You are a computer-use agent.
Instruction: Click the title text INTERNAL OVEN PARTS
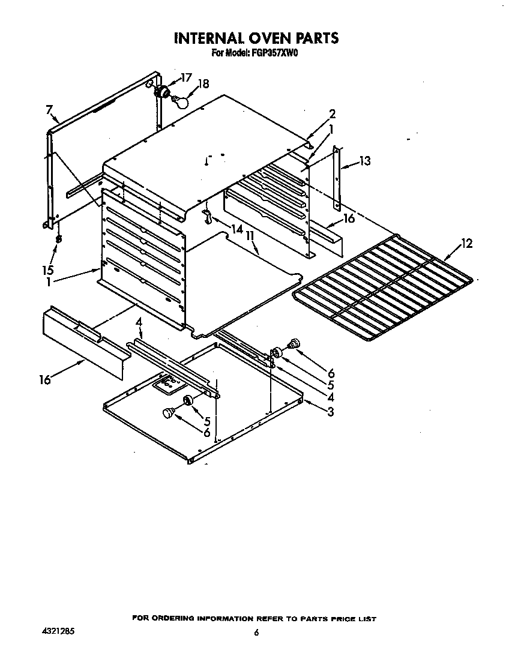point(256,38)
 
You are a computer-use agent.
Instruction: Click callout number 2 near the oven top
point(332,113)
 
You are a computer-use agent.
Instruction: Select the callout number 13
point(364,161)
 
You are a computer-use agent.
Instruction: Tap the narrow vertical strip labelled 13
point(337,177)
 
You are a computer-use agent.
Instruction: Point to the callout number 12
point(466,243)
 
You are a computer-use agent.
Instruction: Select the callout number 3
point(330,411)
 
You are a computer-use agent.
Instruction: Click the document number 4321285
point(59,632)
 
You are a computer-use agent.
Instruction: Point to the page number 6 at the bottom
point(256,632)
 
